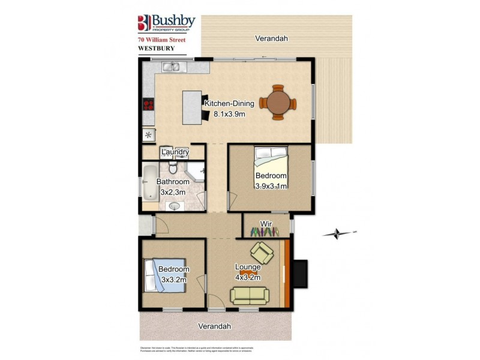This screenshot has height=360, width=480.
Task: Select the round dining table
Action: click(278, 103)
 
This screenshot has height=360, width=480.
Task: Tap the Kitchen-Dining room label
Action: click(229, 103)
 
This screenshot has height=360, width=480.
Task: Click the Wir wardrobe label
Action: click(266, 224)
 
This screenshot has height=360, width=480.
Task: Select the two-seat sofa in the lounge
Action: click(250, 295)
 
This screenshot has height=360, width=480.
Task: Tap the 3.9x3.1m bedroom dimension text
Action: click(271, 185)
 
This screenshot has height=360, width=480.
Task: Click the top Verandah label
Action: click(271, 38)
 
